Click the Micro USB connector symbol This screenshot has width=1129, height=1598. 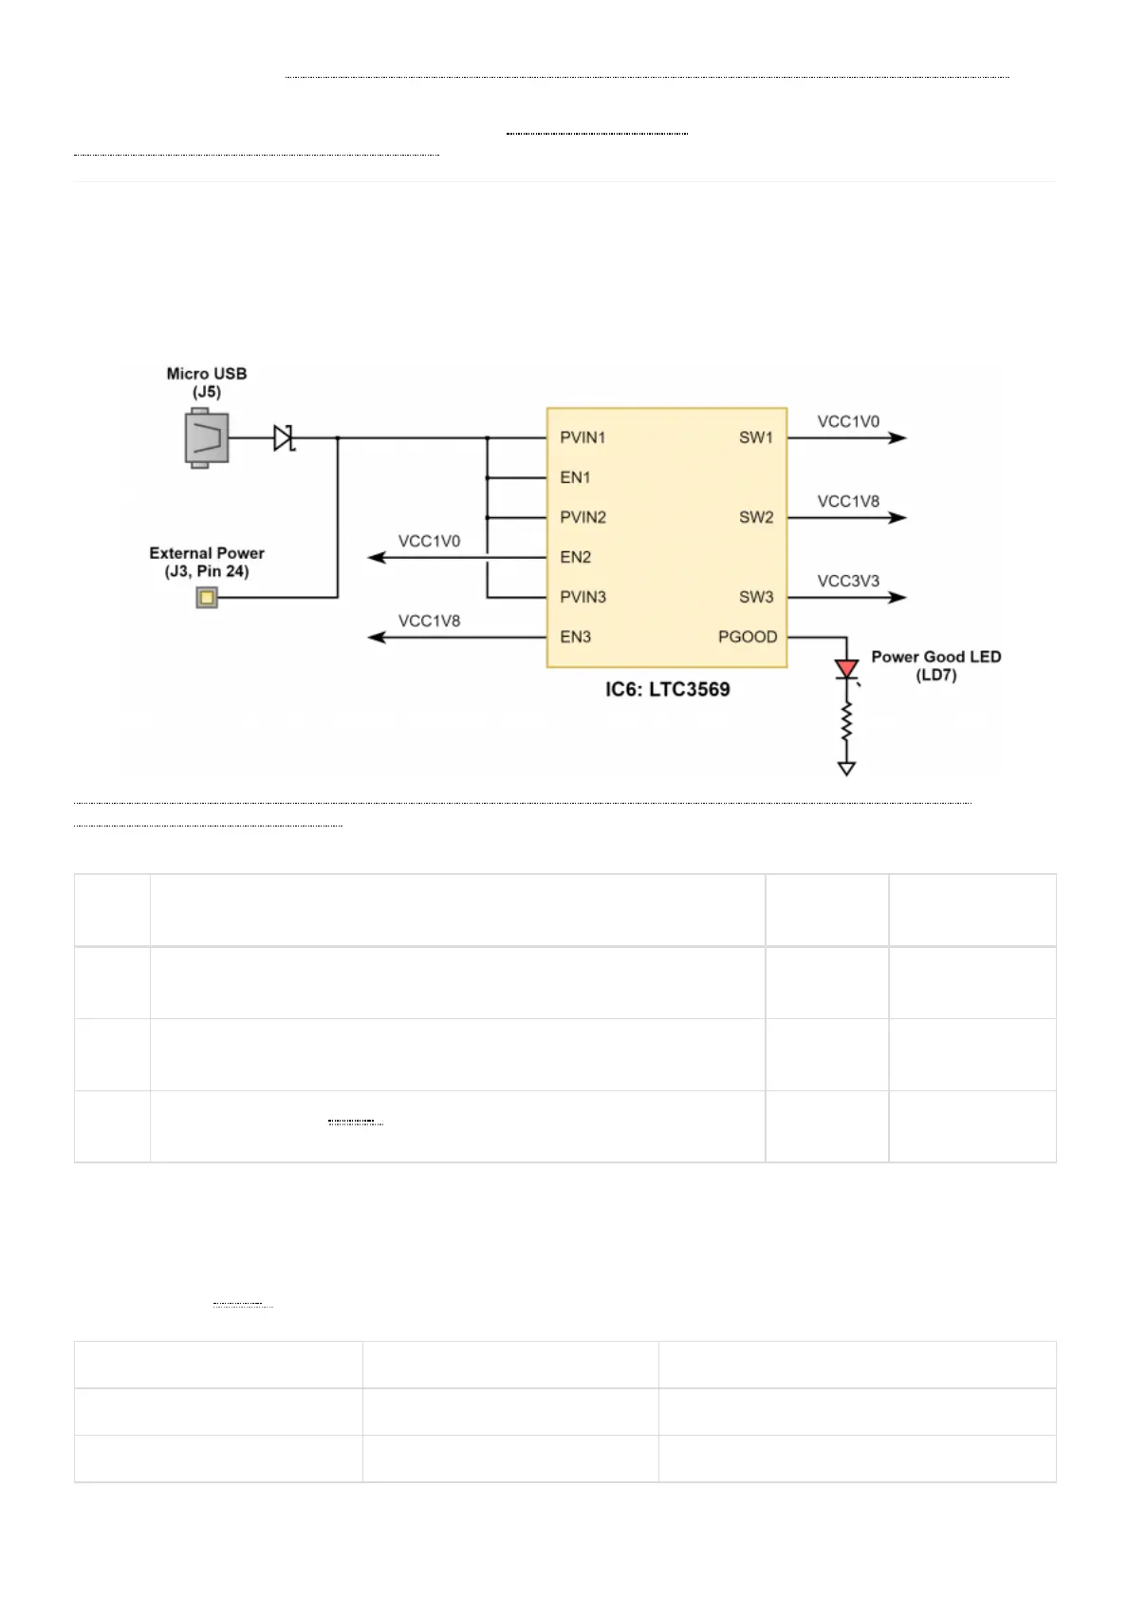(207, 437)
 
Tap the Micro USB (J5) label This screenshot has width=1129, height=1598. (207, 382)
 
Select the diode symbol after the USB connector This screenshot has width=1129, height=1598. (283, 437)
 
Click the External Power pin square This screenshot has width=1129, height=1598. (207, 597)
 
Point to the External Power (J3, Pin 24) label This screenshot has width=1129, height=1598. (207, 562)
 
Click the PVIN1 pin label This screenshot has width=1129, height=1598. (583, 437)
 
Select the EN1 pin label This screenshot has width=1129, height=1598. (575, 477)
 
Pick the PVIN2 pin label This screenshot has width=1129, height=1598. (583, 517)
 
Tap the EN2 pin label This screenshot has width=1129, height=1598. (575, 557)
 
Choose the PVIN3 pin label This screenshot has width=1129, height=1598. (583, 597)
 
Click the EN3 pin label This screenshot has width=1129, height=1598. (575, 637)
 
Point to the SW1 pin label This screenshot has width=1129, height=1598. (756, 437)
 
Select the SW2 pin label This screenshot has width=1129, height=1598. (756, 517)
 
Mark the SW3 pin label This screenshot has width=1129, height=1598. (756, 597)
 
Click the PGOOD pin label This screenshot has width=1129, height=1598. (748, 637)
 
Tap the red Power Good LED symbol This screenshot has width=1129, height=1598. (847, 670)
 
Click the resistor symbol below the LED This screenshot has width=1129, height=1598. (847, 725)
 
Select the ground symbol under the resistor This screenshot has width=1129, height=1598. (847, 769)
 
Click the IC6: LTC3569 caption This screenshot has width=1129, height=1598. (668, 690)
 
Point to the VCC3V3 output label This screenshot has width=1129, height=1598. (848, 581)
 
